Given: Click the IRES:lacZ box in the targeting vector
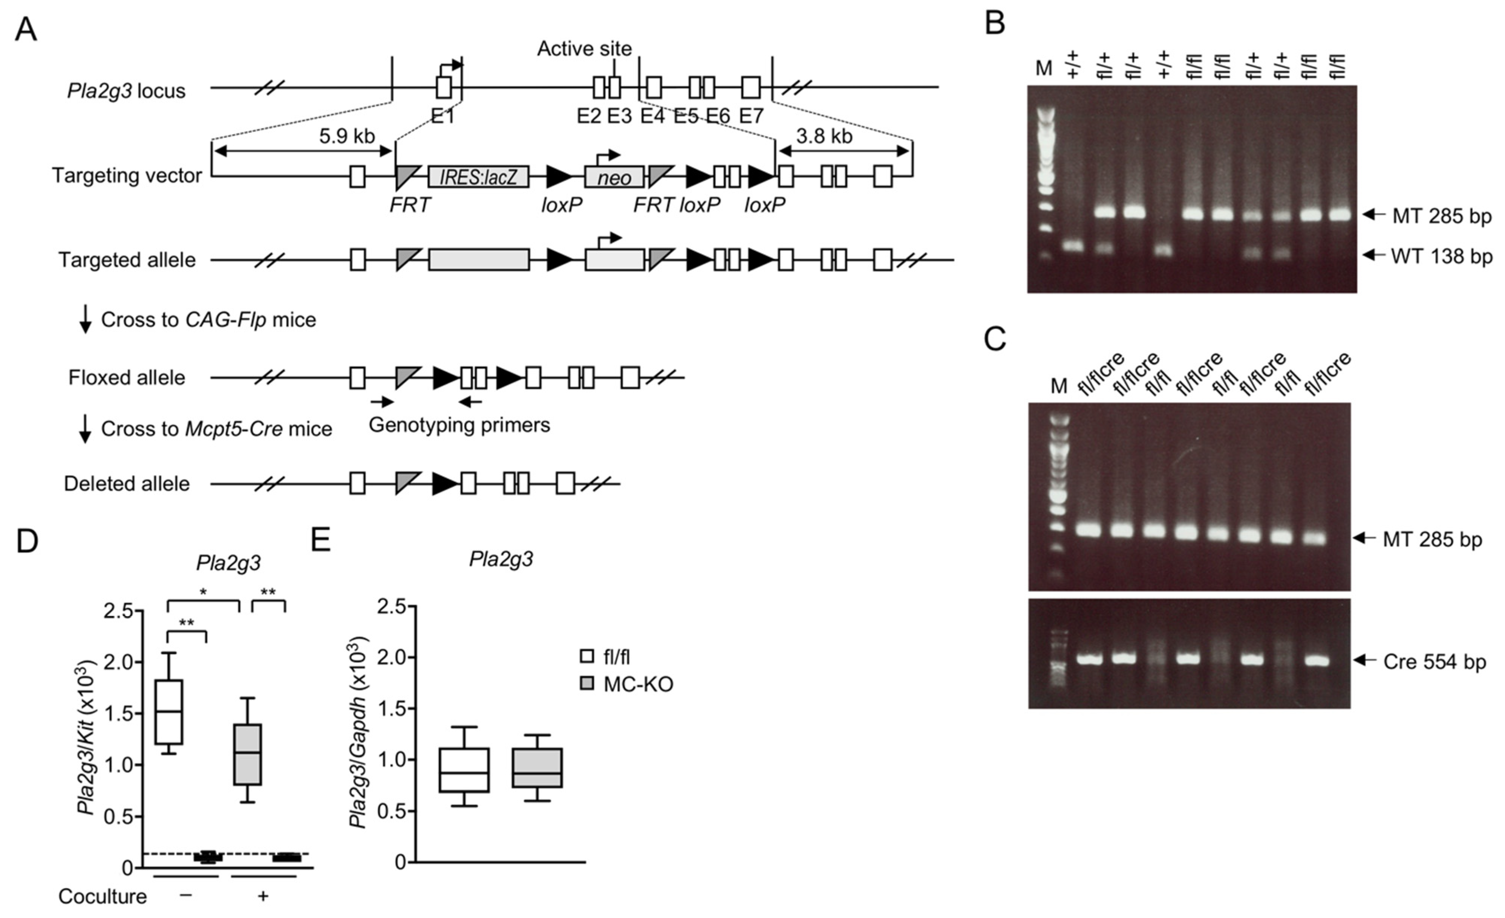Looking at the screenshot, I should pos(478,177).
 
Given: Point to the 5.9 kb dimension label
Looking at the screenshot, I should pos(346,136).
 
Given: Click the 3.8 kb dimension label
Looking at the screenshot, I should pos(824,136).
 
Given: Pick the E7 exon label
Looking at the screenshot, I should pos(751,115).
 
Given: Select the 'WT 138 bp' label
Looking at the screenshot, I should pos(1441,256).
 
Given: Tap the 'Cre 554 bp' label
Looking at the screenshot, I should pos(1434,662).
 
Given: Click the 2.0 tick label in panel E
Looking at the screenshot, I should pos(392,658).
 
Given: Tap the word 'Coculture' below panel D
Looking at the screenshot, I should pos(103,896).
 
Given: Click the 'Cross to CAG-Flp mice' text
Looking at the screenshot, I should pos(208,320).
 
